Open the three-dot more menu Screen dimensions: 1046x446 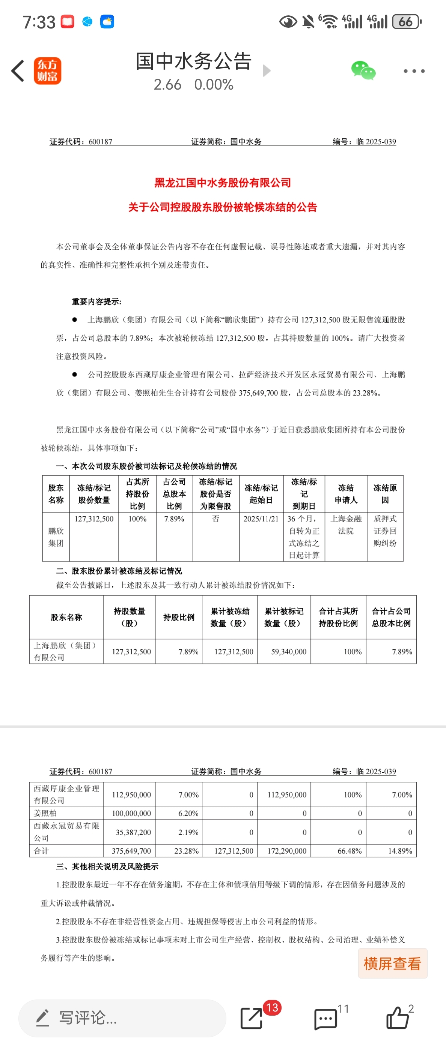click(x=414, y=71)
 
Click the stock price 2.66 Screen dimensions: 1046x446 click(x=167, y=84)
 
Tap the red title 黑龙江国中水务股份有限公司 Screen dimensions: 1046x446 click(x=222, y=183)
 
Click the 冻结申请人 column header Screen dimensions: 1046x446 click(x=346, y=494)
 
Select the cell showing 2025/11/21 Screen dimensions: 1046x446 click(x=261, y=519)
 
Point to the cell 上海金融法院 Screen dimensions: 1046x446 click(x=346, y=524)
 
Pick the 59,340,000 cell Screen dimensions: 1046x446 click(x=288, y=651)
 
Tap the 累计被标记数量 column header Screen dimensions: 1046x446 click(x=284, y=617)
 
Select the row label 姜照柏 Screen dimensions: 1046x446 click(x=45, y=813)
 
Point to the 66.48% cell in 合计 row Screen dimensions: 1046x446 click(x=349, y=851)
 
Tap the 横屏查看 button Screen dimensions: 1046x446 click(x=392, y=963)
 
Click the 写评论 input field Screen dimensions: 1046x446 click(x=122, y=1018)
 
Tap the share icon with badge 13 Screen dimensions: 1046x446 click(x=252, y=1018)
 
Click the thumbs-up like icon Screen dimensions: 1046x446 click(x=397, y=1018)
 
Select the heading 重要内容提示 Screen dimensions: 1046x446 click(x=96, y=302)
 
